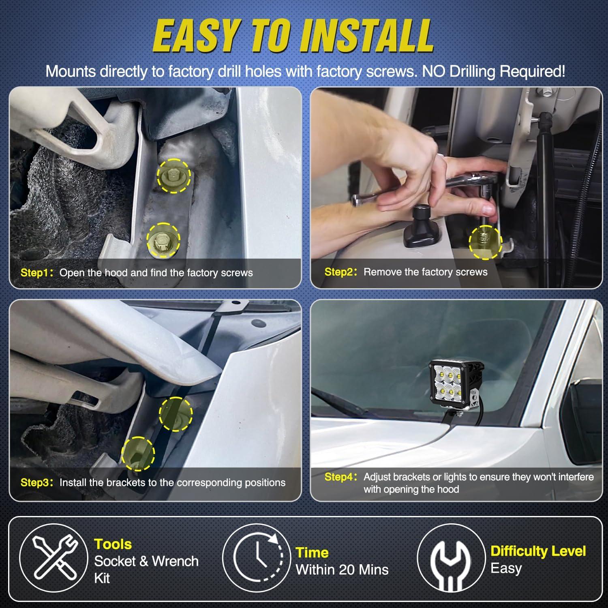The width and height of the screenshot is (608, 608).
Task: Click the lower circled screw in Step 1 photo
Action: tap(163, 240)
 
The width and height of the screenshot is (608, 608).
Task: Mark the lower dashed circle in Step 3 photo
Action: tap(138, 453)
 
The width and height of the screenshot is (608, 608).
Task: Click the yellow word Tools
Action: tap(113, 544)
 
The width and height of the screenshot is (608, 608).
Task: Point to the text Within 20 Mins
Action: tap(342, 569)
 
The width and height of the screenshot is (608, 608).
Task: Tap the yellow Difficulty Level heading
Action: tap(538, 551)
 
